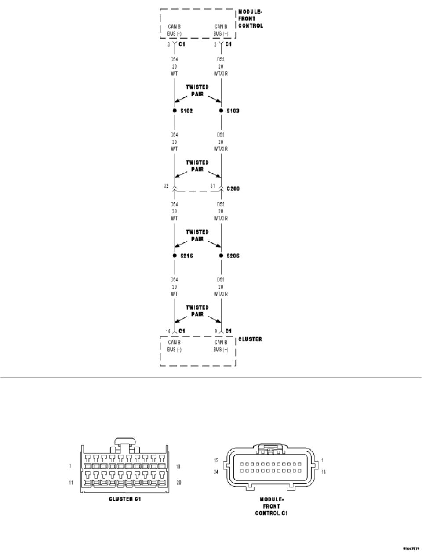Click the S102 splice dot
click(175, 111)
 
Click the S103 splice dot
click(221, 111)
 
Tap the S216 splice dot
click(175, 256)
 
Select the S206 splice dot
click(221, 256)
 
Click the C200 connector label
click(233, 189)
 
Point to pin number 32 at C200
click(166, 186)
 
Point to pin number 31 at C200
click(212, 186)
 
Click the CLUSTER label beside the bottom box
click(250, 339)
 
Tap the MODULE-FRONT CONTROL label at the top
click(251, 19)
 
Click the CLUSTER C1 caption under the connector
click(125, 499)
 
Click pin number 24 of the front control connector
click(216, 473)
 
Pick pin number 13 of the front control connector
click(323, 473)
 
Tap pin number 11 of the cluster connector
click(70, 482)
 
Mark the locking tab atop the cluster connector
click(125, 441)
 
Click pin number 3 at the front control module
click(168, 44)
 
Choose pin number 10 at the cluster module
click(167, 332)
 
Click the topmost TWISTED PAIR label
click(197, 90)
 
